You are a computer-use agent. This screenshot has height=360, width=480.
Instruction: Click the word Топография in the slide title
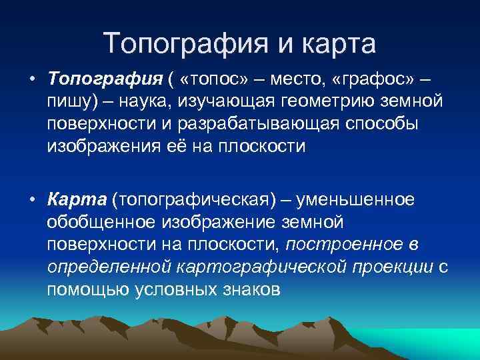coord(185,44)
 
